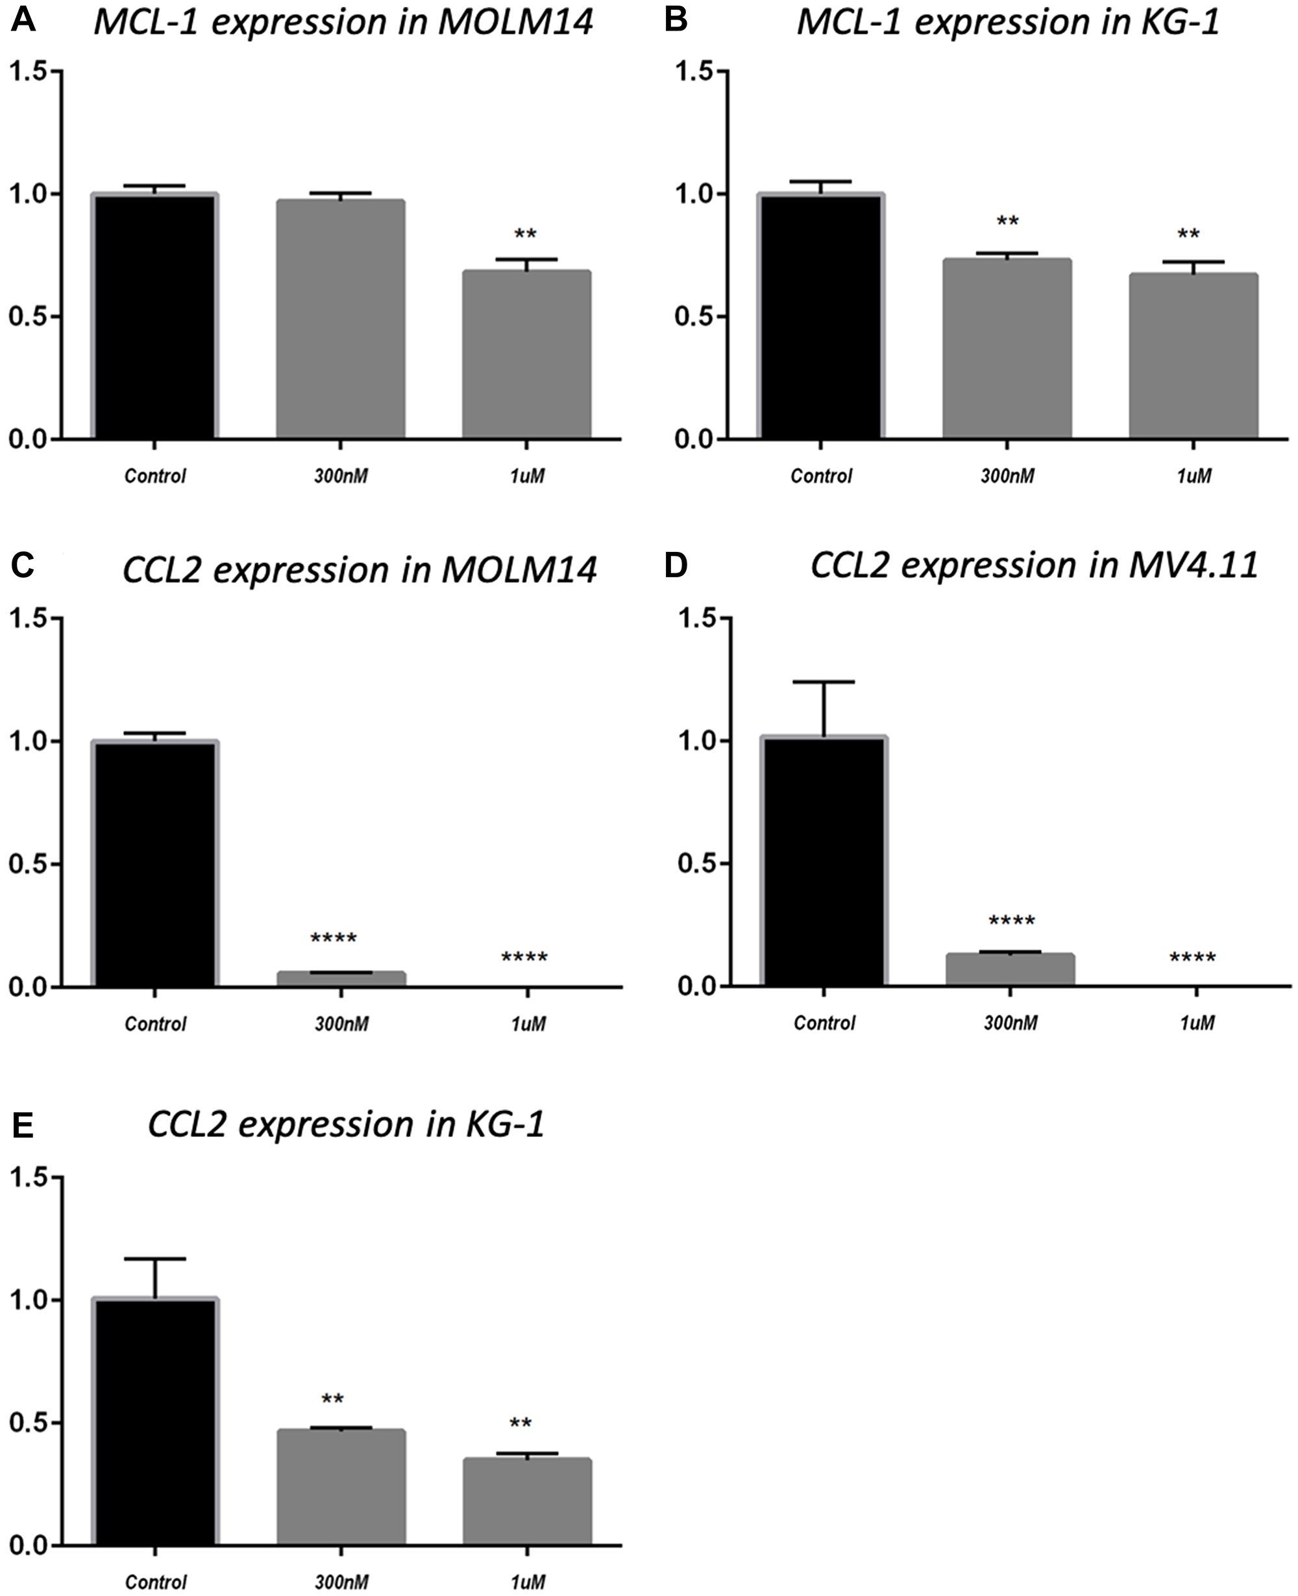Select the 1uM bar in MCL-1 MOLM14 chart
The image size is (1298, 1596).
tap(526, 355)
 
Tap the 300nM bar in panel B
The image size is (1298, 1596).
tap(1007, 349)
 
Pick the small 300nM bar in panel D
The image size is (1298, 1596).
tap(1009, 970)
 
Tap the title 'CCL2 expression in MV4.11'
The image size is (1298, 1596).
tap(1034, 566)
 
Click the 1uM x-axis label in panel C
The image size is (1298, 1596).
tap(528, 1023)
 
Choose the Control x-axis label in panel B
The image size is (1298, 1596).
tap(820, 476)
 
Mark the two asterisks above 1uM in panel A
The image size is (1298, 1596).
tap(525, 235)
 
